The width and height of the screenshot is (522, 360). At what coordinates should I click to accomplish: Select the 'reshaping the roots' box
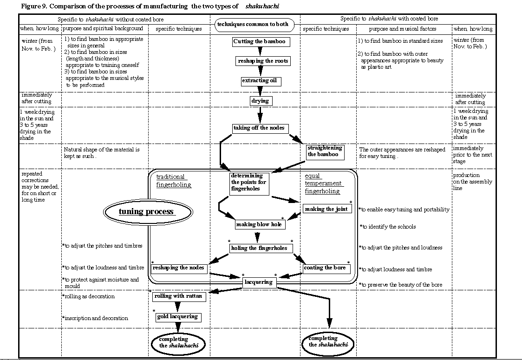[x=262, y=61]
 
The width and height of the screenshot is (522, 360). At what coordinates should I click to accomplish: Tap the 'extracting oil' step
[x=261, y=81]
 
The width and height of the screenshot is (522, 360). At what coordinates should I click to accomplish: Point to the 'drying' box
[x=260, y=101]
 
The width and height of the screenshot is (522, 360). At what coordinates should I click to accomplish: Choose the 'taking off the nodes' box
[x=259, y=128]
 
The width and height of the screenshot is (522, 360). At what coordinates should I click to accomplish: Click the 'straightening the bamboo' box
[x=325, y=151]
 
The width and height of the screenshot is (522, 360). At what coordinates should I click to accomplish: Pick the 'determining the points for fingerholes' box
[x=249, y=183]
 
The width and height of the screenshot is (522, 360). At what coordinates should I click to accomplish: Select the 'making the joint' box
[x=326, y=209]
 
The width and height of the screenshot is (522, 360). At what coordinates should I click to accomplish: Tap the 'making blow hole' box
[x=259, y=224]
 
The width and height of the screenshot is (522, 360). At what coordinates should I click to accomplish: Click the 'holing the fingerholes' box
[x=259, y=248]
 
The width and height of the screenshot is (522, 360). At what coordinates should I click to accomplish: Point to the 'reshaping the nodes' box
[x=178, y=268]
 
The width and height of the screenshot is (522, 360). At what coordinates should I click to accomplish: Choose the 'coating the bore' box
[x=326, y=268]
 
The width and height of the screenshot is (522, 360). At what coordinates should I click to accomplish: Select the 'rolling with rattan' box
[x=178, y=296]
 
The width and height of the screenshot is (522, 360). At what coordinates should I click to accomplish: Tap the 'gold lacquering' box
[x=177, y=317]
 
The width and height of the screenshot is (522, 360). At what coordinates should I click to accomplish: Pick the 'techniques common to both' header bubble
[x=252, y=24]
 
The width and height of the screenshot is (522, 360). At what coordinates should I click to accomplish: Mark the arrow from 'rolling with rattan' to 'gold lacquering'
[x=177, y=307]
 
